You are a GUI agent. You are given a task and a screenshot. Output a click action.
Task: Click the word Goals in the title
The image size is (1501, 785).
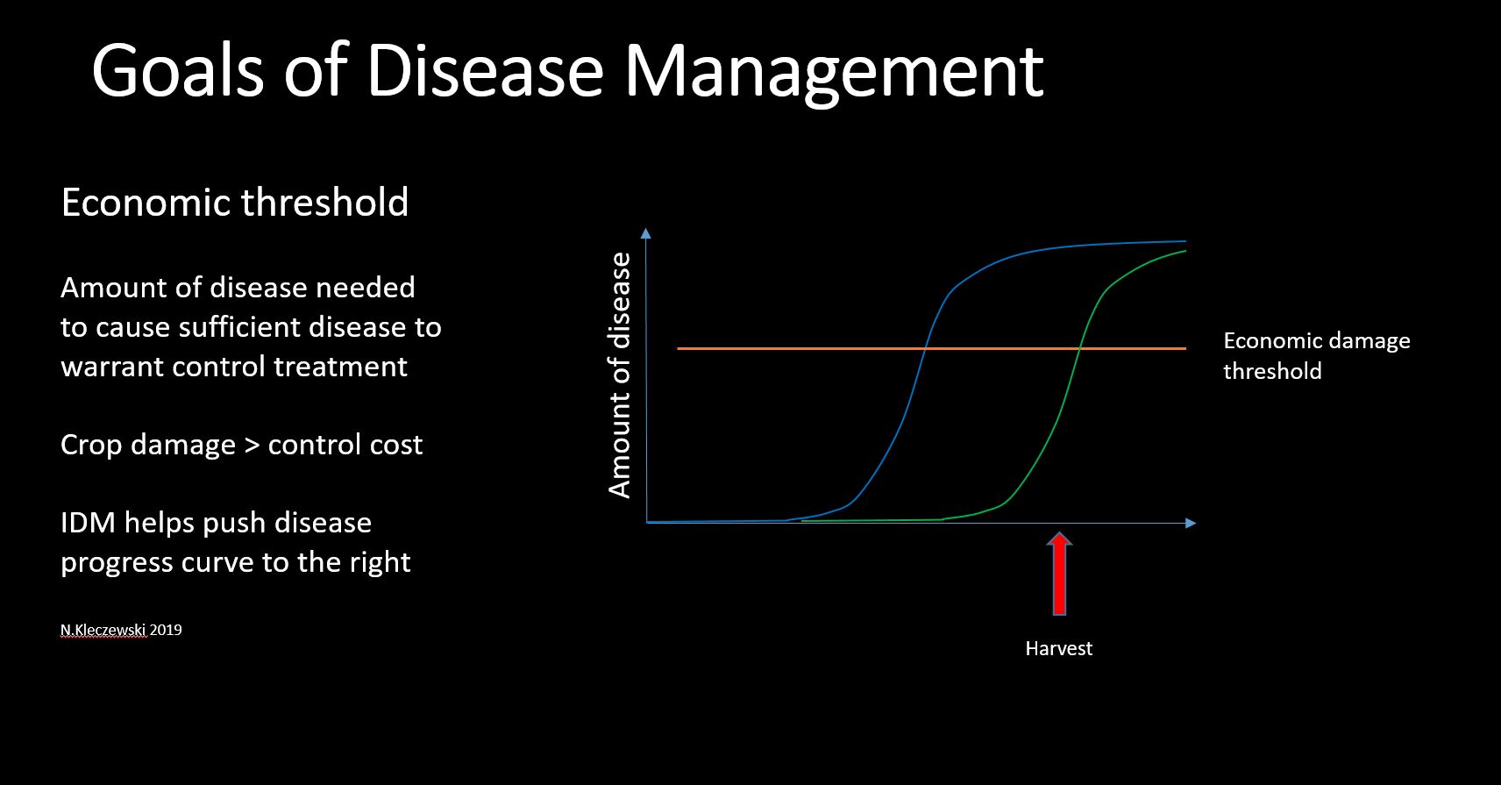(178, 71)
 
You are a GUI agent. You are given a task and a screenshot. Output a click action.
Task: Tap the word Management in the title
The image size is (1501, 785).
(833, 74)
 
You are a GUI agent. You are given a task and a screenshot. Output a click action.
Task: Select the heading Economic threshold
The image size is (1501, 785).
(235, 202)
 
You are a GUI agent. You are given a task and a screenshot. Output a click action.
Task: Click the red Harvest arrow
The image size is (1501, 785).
(1059, 573)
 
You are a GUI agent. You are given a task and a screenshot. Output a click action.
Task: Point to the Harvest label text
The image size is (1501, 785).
(1059, 648)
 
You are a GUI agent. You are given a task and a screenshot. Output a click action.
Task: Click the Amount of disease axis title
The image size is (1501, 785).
(620, 375)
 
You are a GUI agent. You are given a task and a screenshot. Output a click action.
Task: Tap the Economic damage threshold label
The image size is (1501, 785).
(1317, 355)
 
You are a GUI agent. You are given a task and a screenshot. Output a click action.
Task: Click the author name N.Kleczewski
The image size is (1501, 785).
(103, 630)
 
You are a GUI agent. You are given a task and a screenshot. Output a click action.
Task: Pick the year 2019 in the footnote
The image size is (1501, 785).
(166, 630)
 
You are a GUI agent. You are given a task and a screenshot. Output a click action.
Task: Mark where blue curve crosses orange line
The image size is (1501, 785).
(925, 348)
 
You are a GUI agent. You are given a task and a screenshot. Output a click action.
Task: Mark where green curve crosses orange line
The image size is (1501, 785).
(1079, 348)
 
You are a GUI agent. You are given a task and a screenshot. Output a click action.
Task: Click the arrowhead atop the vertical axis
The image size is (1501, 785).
(645, 232)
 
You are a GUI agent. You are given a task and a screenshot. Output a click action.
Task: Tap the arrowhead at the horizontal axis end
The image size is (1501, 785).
(1190, 523)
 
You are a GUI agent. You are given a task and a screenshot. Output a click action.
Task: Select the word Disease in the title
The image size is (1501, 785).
(485, 71)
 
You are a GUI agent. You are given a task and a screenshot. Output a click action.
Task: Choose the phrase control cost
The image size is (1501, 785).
(345, 445)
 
